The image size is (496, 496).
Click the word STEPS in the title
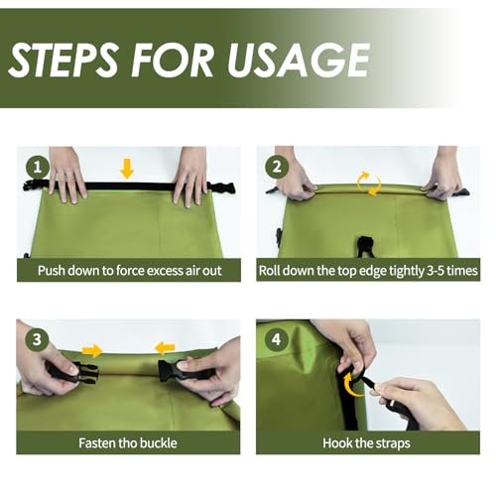62,60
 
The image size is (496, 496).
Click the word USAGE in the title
299,60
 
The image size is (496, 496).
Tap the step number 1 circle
38,167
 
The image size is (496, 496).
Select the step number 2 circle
277,167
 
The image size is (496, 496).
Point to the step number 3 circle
37,339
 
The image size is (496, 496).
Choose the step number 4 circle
277,339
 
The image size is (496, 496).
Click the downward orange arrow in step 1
127,169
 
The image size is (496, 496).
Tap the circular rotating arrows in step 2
369,184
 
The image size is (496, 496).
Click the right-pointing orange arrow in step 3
92,350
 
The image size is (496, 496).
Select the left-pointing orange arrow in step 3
165,348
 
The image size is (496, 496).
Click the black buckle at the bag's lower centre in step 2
365,246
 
